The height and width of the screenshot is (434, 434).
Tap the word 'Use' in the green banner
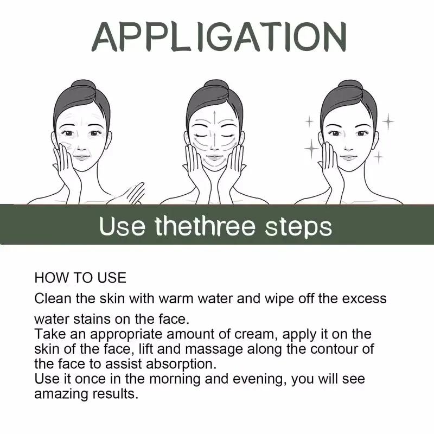pos(123,225)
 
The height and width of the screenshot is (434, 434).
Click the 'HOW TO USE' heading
pos(80,278)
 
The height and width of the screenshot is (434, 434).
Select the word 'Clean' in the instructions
pos(52,298)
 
